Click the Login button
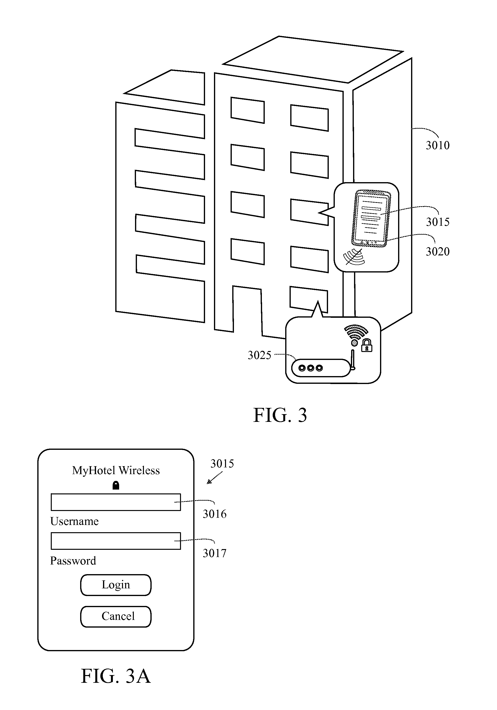pos(116,585)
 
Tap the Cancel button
pos(116,616)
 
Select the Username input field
pos(116,502)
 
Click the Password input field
pos(116,541)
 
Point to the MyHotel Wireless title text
pos(116,470)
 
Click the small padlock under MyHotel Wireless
pos(116,485)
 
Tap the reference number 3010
pos(438,145)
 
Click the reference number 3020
pos(438,252)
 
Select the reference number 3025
pos(259,355)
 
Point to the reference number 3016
pos(215,514)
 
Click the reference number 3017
pos(215,553)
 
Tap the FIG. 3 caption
pos(280,415)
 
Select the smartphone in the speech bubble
pos(371,218)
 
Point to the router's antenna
pos(353,360)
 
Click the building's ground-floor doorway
pos(247,309)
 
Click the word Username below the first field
pos(74,521)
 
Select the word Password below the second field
pos(73,561)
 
